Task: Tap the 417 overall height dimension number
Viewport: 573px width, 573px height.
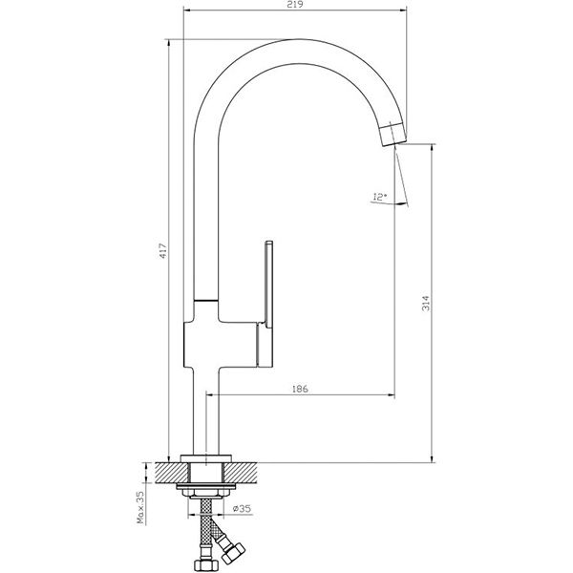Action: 163,251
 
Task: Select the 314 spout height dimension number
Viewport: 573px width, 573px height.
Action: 426,303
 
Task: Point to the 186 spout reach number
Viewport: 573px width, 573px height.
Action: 300,389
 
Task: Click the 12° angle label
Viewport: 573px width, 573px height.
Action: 379,197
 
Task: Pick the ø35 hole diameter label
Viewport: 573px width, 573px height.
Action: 242,508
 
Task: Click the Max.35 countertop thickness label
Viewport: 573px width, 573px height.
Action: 141,507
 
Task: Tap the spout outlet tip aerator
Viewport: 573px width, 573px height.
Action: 393,134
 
